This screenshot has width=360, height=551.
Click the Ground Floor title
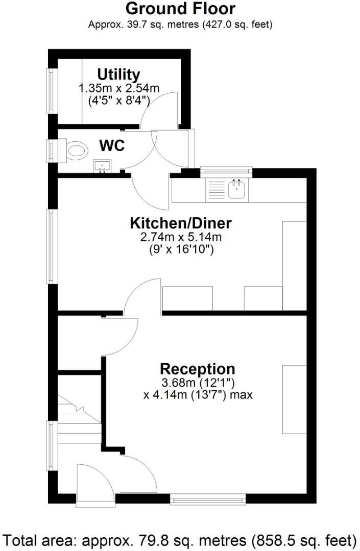(180, 9)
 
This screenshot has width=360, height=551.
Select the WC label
(112, 146)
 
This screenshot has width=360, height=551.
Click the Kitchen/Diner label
(181, 223)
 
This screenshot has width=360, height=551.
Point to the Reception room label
(198, 369)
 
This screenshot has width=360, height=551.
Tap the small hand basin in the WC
(103, 166)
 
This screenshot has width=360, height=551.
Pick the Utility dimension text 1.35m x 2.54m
(119, 88)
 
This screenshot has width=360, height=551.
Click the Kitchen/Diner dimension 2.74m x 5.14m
(181, 237)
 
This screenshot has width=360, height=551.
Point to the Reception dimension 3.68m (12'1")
(198, 383)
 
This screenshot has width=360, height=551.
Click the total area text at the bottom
(180, 540)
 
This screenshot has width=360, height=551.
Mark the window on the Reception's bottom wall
(208, 498)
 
